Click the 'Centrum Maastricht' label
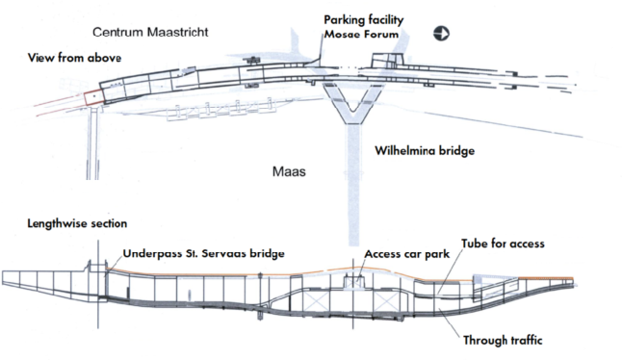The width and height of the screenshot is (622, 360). tap(150, 32)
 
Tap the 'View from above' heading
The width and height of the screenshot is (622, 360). tap(74, 58)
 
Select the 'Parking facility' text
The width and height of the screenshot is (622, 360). tap(364, 20)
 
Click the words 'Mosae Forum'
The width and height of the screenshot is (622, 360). tap(361, 34)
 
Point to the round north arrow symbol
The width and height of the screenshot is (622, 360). tap(441, 34)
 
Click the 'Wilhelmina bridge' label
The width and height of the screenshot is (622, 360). tap(425, 151)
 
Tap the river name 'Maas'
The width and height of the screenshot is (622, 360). tap(289, 171)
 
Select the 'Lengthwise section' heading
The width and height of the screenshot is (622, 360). tap(77, 223)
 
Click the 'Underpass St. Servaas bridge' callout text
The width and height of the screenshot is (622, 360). tap(203, 253)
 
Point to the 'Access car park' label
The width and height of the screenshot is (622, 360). tap(407, 254)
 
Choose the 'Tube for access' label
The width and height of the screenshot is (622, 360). tap(503, 243)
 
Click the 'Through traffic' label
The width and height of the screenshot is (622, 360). tap(503, 340)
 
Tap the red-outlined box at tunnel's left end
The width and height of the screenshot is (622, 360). tap(94, 98)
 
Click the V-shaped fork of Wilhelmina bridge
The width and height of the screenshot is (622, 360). tap(353, 104)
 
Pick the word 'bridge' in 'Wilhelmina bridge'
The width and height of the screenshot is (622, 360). tap(457, 151)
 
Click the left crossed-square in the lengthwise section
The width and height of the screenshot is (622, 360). tap(316, 301)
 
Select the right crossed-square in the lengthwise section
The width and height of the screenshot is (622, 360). tap(386, 302)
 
